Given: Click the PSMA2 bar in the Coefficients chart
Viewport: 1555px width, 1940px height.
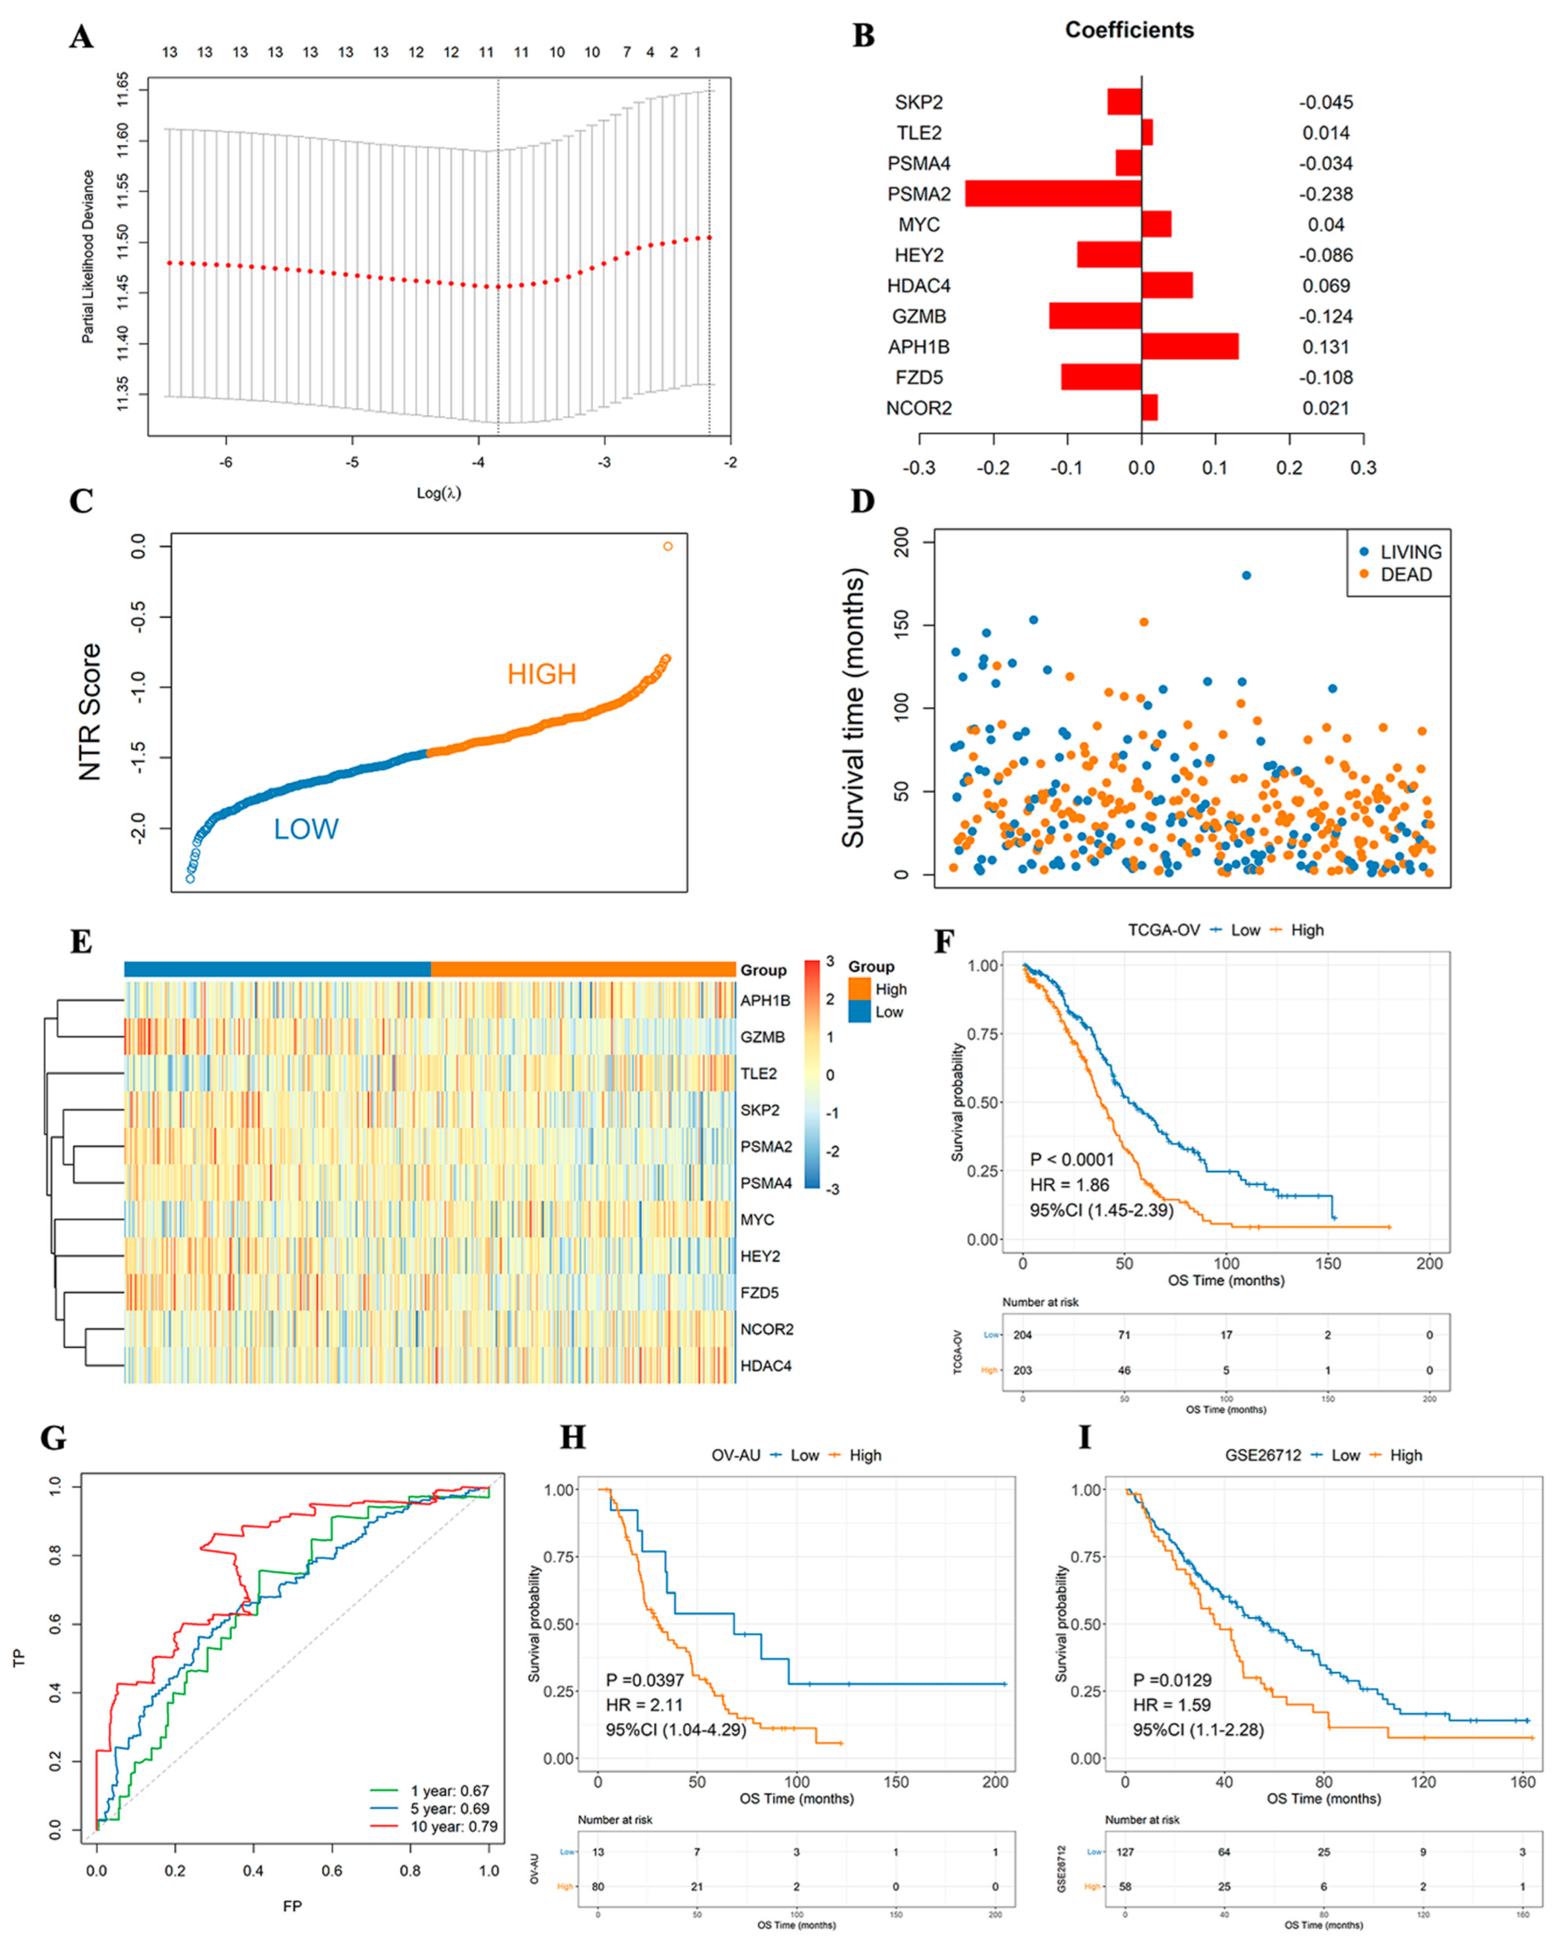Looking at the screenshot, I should pyautogui.click(x=1053, y=193).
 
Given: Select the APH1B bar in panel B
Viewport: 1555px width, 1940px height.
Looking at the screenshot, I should pyautogui.click(x=1190, y=346).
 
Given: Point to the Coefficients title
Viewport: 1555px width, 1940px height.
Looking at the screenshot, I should pyautogui.click(x=1129, y=30).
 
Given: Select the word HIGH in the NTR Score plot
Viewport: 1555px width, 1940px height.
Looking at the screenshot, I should pyautogui.click(x=542, y=674).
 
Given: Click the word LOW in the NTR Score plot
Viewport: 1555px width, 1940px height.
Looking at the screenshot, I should pyautogui.click(x=306, y=829).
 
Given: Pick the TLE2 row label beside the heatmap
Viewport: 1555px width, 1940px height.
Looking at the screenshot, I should pyautogui.click(x=759, y=1073).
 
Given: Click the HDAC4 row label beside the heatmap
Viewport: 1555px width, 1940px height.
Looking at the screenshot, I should pyautogui.click(x=766, y=1366).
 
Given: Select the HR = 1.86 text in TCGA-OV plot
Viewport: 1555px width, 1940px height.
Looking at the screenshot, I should pyautogui.click(x=1070, y=1185).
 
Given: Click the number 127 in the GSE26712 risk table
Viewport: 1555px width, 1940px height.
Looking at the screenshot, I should pyautogui.click(x=1125, y=1852).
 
